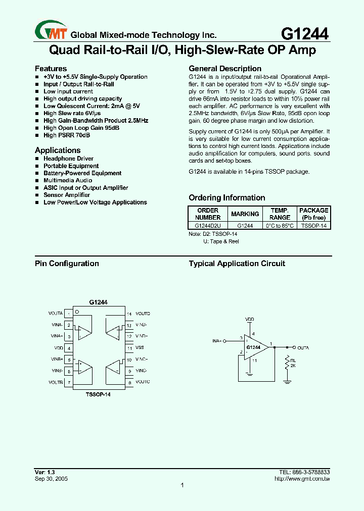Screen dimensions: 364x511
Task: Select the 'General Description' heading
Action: pos(225,69)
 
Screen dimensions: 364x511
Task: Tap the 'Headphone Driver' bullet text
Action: pos(68,159)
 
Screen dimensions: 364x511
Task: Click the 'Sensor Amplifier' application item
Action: pos(66,195)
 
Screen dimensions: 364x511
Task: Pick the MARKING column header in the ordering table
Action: pos(245,214)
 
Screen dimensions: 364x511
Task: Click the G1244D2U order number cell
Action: pos(208,226)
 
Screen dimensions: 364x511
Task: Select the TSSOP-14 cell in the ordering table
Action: pos(314,226)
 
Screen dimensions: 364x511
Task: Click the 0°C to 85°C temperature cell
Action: pos(280,226)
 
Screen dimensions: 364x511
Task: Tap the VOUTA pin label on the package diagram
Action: pos(56,314)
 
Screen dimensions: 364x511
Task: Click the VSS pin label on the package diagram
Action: pos(140,348)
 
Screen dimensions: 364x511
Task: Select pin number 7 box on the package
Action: pos(69,382)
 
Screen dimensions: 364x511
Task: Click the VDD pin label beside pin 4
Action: pos(58,348)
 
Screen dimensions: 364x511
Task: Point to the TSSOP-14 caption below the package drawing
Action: pos(98,394)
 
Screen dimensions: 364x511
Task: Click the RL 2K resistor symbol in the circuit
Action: pos(287,363)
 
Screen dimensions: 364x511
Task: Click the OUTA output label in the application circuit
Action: pos(303,348)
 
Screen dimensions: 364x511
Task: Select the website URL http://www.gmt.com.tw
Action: pos(302,478)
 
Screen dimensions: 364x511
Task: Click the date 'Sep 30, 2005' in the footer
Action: pos(51,478)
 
